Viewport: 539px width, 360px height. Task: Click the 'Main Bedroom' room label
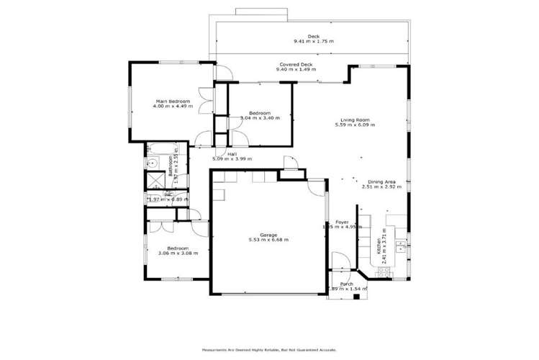pyautogui.click(x=168, y=101)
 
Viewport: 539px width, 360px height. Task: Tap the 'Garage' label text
pyautogui.click(x=268, y=234)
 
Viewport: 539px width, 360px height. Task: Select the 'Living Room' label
pyautogui.click(x=355, y=120)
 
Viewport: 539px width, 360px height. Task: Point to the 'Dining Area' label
pyautogui.click(x=381, y=182)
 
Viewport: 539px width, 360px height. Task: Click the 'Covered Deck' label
pyautogui.click(x=294, y=66)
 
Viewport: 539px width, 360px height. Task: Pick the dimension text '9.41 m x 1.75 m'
pyautogui.click(x=313, y=42)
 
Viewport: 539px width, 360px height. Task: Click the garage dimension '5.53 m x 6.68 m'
pyautogui.click(x=268, y=240)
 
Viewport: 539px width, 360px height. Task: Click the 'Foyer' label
pyautogui.click(x=342, y=222)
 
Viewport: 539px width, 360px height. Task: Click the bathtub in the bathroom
pyautogui.click(x=158, y=149)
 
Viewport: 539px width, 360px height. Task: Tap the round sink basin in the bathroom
pyautogui.click(x=152, y=164)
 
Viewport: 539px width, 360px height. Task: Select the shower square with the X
pyautogui.click(x=153, y=181)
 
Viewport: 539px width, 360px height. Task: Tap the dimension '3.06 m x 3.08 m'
pyautogui.click(x=178, y=253)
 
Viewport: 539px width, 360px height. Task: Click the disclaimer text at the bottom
pyautogui.click(x=269, y=351)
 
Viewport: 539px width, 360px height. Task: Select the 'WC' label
pyautogui.click(x=168, y=194)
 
